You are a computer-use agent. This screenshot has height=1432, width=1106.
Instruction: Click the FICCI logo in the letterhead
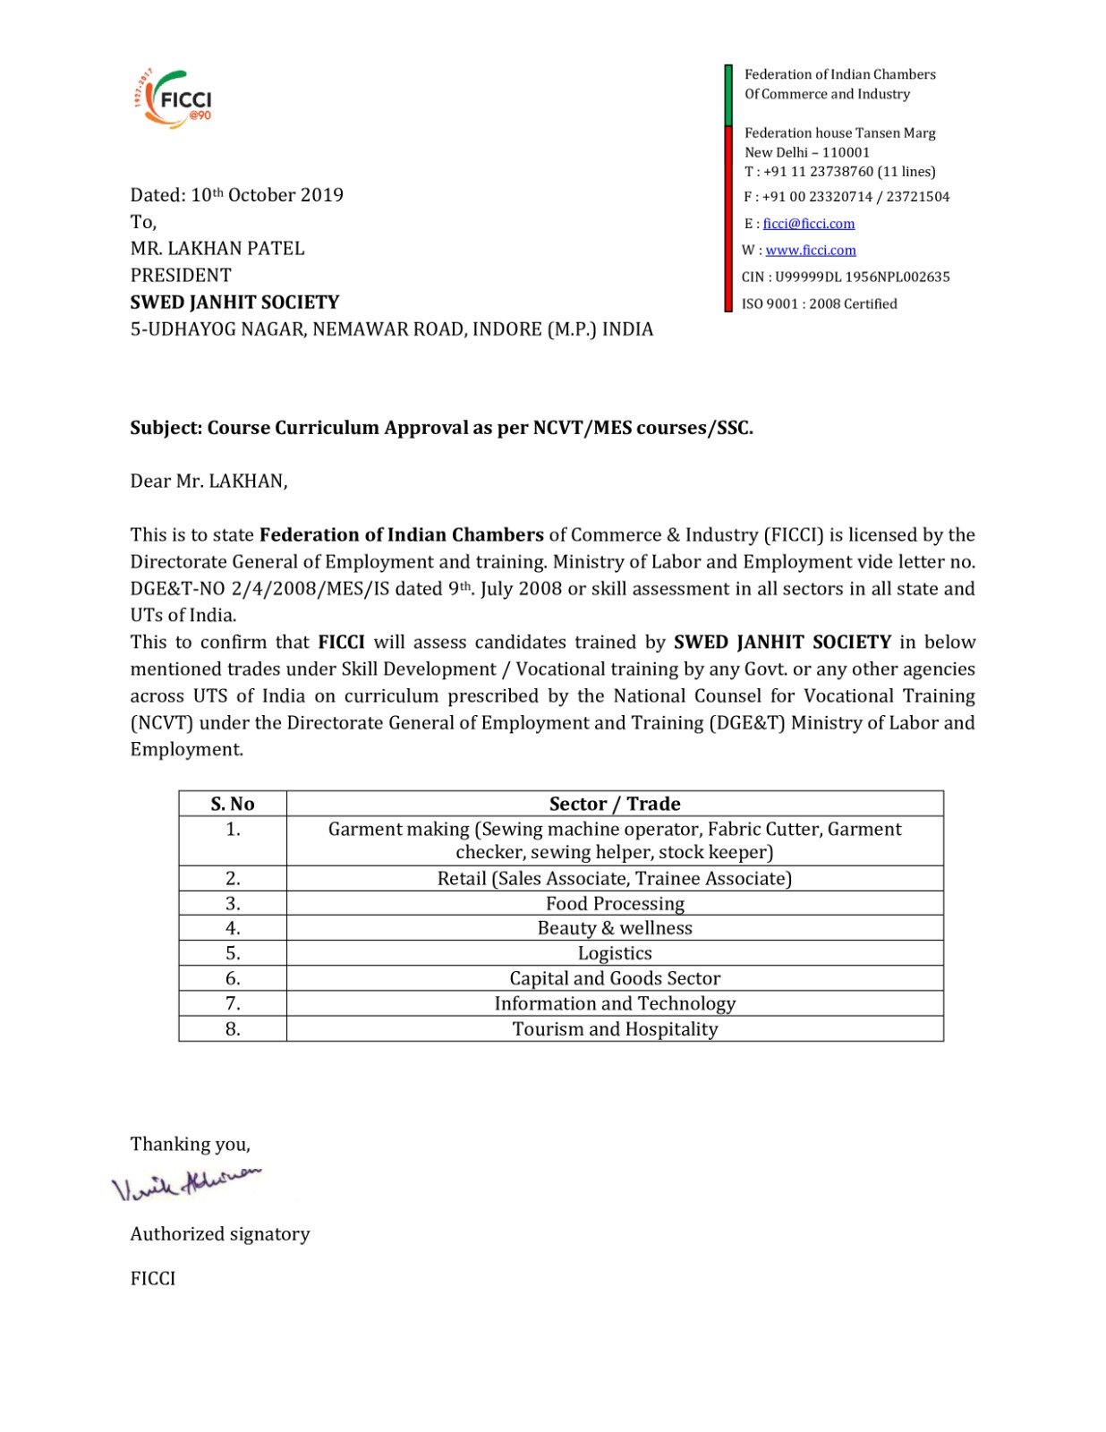point(174,98)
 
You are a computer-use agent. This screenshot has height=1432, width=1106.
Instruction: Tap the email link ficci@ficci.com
point(808,224)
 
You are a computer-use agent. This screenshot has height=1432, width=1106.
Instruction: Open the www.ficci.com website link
point(810,251)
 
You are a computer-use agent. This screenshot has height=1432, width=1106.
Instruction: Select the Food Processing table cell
point(615,903)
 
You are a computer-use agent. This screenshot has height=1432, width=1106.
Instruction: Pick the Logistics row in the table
point(615,953)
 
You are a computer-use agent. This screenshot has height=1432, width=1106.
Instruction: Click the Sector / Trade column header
point(615,804)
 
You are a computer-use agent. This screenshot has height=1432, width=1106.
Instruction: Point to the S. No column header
point(233,804)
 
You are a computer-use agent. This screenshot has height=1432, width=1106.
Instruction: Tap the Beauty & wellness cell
point(615,928)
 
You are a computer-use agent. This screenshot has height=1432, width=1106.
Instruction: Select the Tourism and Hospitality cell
point(615,1029)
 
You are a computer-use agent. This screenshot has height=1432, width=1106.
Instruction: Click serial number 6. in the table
point(233,978)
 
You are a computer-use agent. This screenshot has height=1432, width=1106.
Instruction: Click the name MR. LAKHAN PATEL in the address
point(217,249)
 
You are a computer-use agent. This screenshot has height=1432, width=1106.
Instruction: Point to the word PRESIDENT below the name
point(181,276)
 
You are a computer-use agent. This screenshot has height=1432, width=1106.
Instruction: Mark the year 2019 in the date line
point(322,195)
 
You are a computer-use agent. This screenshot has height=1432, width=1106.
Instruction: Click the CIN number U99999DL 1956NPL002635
point(862,277)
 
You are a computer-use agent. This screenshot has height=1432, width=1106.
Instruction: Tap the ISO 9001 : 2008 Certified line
point(819,304)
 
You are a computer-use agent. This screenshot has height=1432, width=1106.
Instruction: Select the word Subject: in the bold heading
point(166,428)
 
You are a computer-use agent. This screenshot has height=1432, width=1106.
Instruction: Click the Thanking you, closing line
point(190,1145)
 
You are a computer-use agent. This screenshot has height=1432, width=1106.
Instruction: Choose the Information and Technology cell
point(615,1004)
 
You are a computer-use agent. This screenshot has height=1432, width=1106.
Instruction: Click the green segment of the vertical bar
point(728,94)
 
